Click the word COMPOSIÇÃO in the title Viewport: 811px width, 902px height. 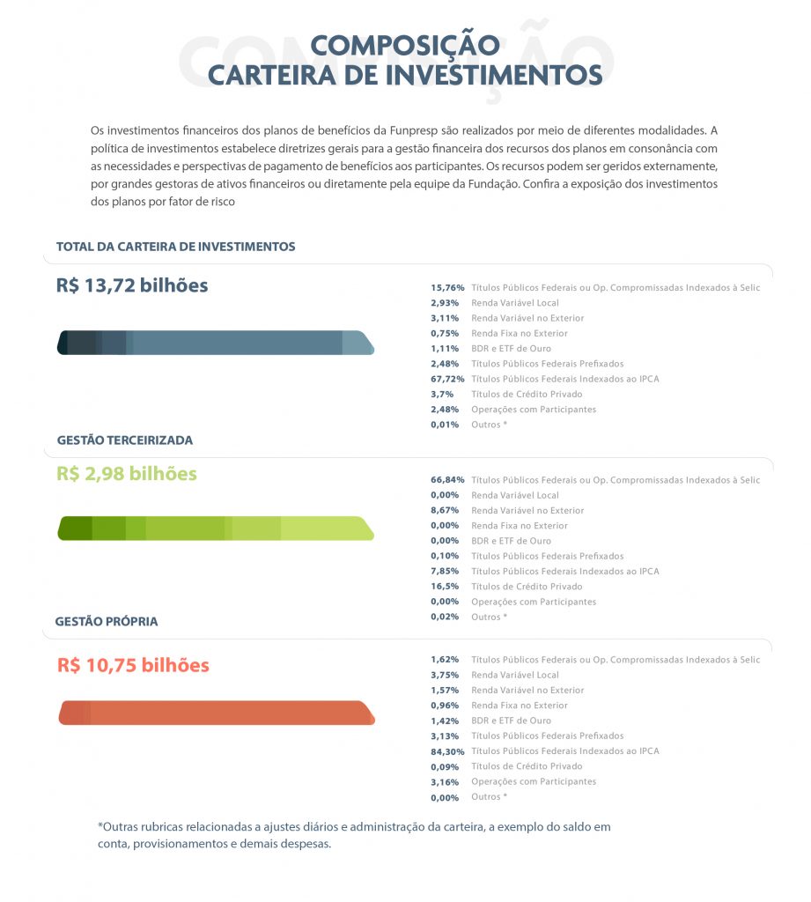pyautogui.click(x=405, y=45)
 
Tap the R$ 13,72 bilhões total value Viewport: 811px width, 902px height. pyautogui.click(x=132, y=285)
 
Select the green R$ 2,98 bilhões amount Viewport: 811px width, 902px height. pyautogui.click(x=127, y=473)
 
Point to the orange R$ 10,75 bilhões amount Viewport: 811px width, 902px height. pyautogui.click(x=133, y=665)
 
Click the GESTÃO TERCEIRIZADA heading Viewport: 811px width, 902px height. pyautogui.click(x=124, y=440)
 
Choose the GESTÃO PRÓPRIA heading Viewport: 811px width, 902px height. pyautogui.click(x=107, y=621)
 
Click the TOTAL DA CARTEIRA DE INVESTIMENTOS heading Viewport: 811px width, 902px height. pyautogui.click(x=175, y=247)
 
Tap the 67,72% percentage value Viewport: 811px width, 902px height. pyautogui.click(x=447, y=379)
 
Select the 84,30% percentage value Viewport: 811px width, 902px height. pyautogui.click(x=447, y=751)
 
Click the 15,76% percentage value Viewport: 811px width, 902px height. pyautogui.click(x=447, y=287)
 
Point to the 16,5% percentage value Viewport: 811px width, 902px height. pyautogui.click(x=445, y=586)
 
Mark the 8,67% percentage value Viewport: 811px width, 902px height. pyautogui.click(x=445, y=510)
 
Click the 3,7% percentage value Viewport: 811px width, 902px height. pyautogui.click(x=442, y=394)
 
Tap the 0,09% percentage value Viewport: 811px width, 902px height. pyautogui.click(x=445, y=766)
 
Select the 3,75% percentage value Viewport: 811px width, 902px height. pyautogui.click(x=445, y=675)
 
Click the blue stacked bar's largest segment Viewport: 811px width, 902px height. pyautogui.click(x=238, y=343)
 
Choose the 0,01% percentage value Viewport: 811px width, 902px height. pyautogui.click(x=445, y=425)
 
